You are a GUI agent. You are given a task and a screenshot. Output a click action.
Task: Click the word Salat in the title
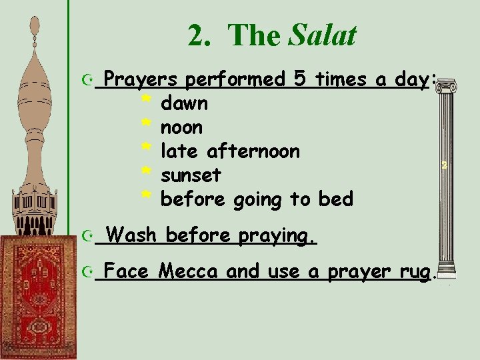(323, 35)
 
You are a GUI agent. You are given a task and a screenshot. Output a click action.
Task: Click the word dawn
(185, 103)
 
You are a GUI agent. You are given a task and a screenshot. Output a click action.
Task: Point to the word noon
(182, 127)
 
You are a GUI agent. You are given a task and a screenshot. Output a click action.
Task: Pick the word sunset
(191, 175)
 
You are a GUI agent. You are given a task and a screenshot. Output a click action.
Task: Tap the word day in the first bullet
(411, 81)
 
